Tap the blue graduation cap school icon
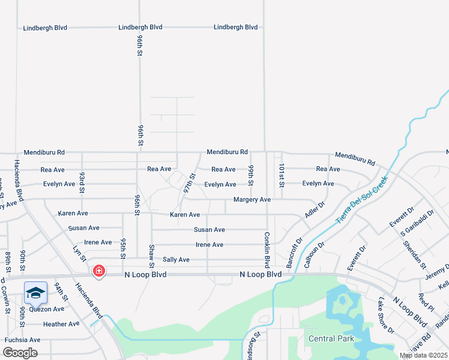[35, 293]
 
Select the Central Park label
[331, 339]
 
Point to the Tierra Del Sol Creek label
[362, 200]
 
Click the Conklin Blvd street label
[267, 250]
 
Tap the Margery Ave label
[252, 199]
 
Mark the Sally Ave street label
[176, 260]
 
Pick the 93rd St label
[82, 179]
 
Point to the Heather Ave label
[61, 324]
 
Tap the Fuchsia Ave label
[22, 340]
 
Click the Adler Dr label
[315, 209]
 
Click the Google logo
[20, 353]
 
